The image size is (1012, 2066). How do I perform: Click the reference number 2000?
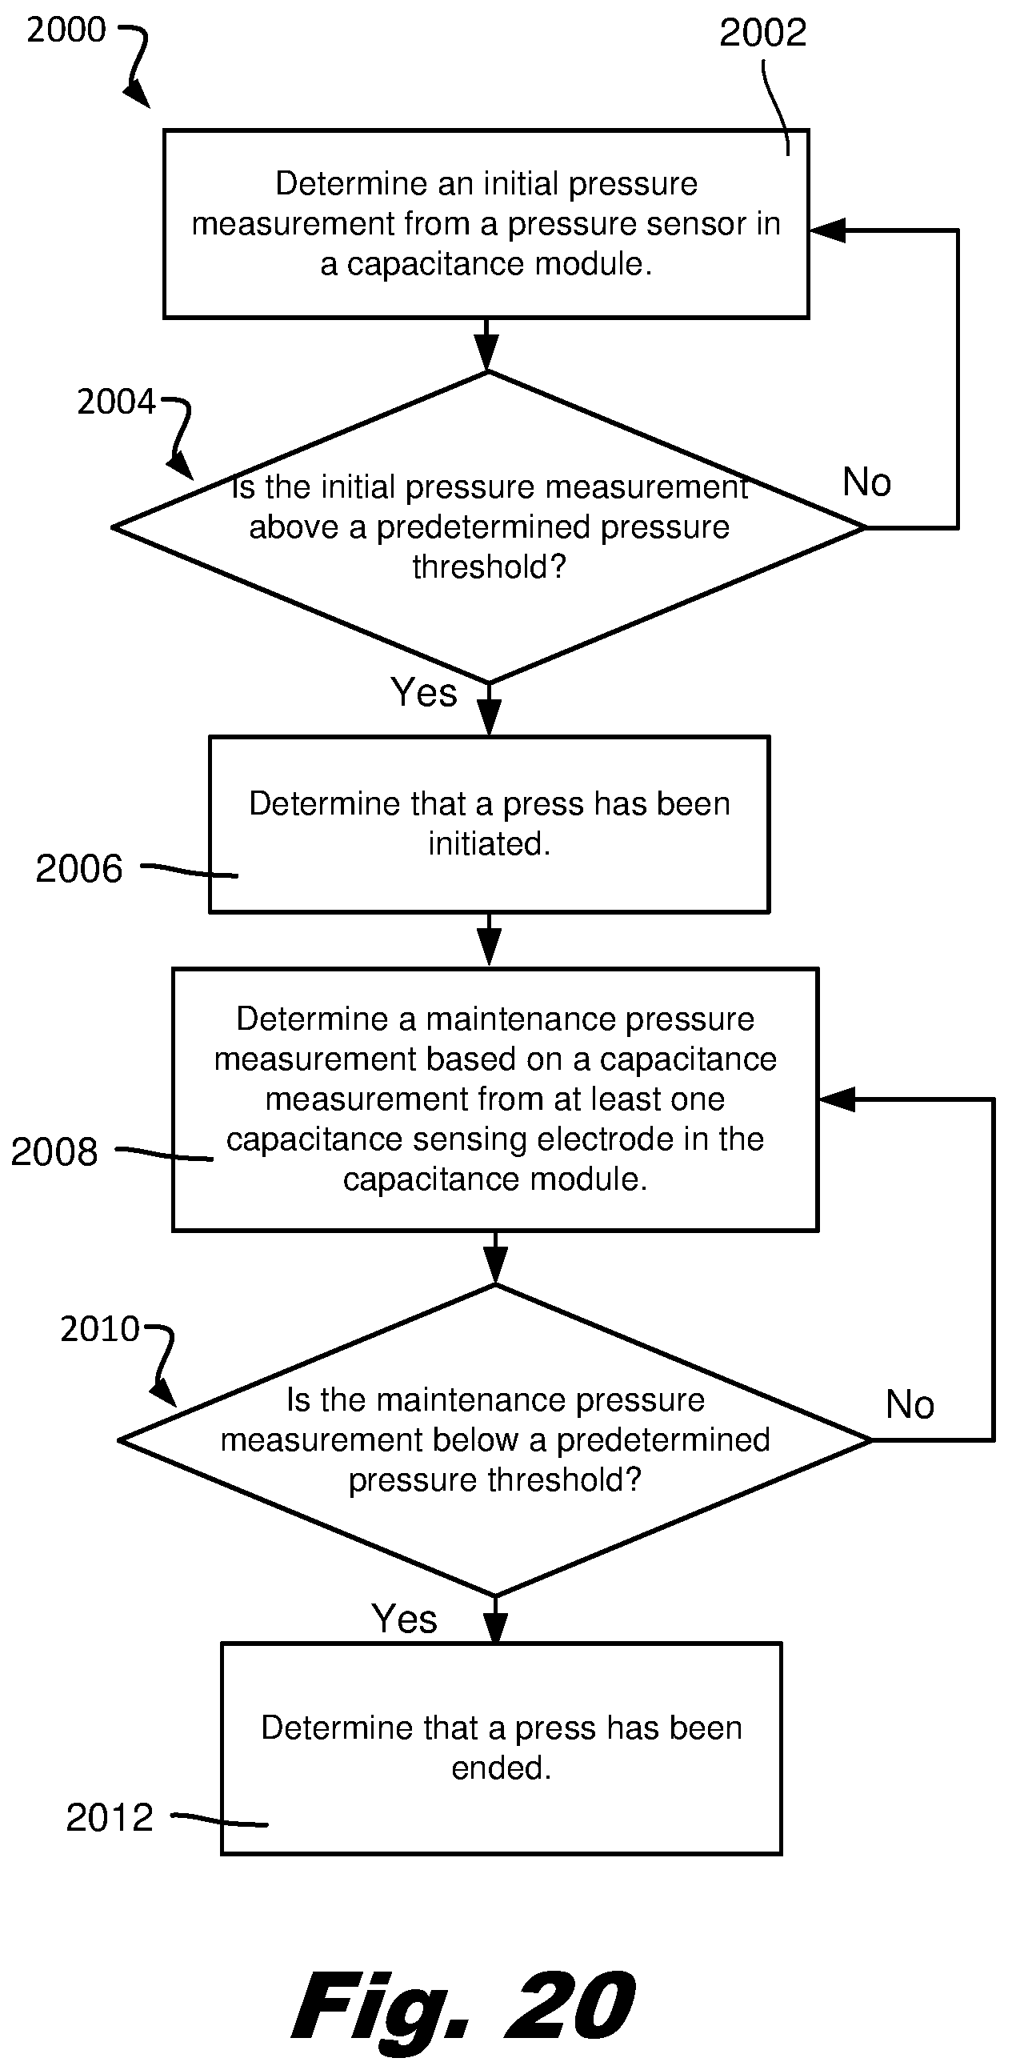click(x=66, y=30)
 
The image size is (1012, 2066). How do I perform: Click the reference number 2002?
click(x=762, y=33)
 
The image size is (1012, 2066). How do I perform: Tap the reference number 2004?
click(x=116, y=402)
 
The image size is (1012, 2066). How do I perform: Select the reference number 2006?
click(x=78, y=869)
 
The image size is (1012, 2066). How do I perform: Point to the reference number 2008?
click(x=54, y=1151)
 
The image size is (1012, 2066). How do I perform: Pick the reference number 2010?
click(x=100, y=1329)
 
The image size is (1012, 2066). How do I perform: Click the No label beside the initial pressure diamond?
click(x=867, y=482)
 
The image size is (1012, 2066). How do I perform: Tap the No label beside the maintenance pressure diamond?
click(x=910, y=1405)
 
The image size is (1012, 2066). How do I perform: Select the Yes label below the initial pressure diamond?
click(x=424, y=692)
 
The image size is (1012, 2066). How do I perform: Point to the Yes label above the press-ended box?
click(x=404, y=1619)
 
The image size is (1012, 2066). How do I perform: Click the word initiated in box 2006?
click(x=489, y=843)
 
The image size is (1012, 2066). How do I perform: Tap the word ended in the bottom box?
click(x=501, y=1768)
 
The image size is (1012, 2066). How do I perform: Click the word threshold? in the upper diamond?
click(x=490, y=567)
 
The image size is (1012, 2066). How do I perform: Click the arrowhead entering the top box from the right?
click(x=826, y=231)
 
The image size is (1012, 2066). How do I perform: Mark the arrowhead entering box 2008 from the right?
click(x=836, y=1099)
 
